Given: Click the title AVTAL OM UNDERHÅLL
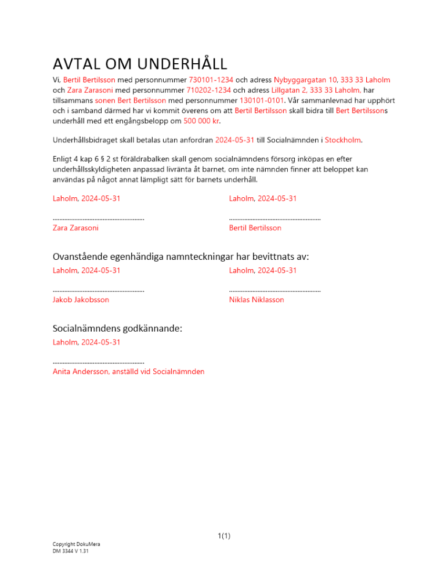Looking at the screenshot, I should pyautogui.click(x=139, y=63).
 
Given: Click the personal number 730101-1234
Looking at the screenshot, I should pyautogui.click(x=210, y=79).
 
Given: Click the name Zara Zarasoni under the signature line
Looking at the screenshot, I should pyautogui.click(x=75, y=228).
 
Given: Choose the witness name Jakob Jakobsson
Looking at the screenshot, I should pyautogui.click(x=81, y=300).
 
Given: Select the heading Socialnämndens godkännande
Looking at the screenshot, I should pyautogui.click(x=117, y=328).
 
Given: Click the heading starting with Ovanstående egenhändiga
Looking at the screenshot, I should pyautogui.click(x=180, y=256).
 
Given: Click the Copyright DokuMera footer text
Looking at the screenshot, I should pyautogui.click(x=76, y=544).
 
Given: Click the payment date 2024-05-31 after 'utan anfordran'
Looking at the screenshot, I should pyautogui.click(x=234, y=140).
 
